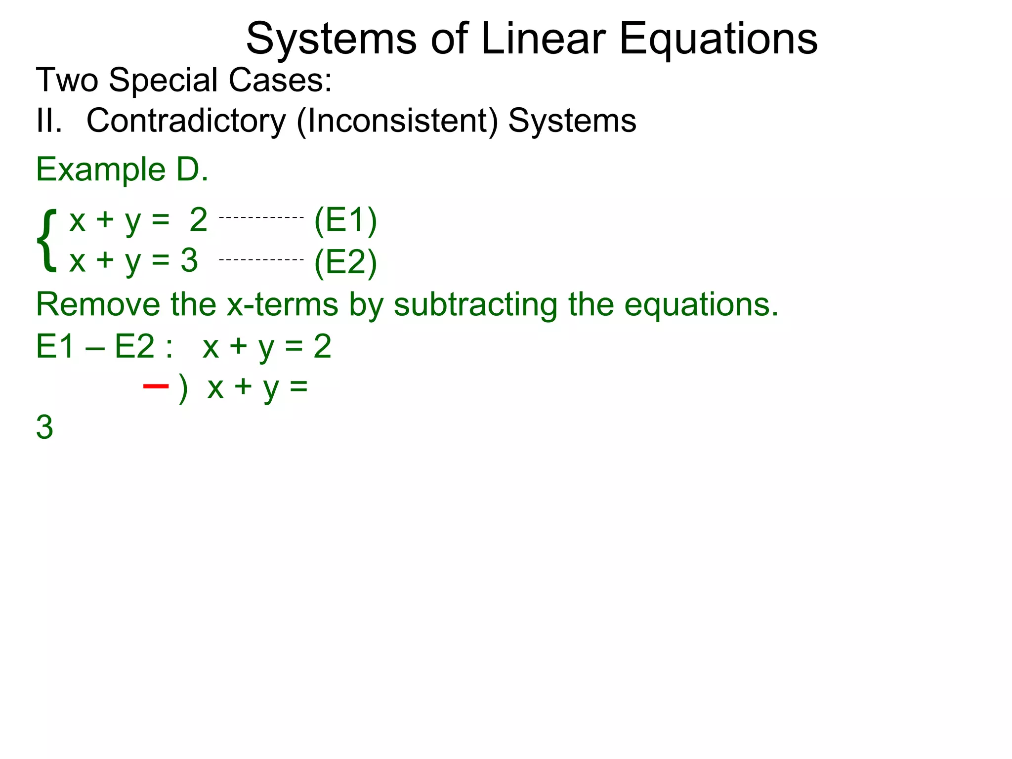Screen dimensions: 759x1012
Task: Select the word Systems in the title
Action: (331, 40)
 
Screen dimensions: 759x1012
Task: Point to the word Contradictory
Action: (186, 121)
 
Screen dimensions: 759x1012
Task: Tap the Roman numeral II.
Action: (49, 121)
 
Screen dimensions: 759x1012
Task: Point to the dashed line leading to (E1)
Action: (261, 217)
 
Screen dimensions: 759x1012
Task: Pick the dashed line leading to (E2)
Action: (261, 259)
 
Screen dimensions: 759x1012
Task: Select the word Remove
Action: (98, 304)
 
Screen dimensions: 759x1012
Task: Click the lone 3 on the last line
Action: (44, 427)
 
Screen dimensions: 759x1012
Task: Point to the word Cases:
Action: (280, 80)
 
